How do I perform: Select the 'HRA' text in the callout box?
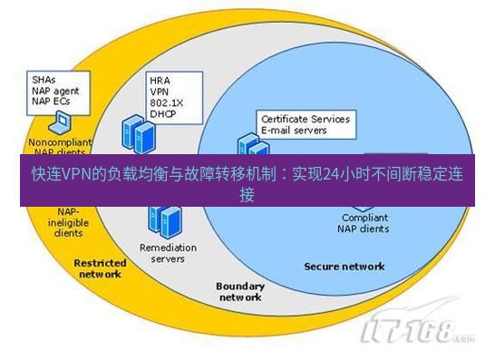pyautogui.click(x=160, y=80)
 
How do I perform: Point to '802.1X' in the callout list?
pyautogui.click(x=166, y=102)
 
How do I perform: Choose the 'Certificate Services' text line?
pyautogui.click(x=305, y=119)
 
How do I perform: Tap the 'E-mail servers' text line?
pyautogui.click(x=295, y=130)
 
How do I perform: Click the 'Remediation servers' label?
pyautogui.click(x=161, y=253)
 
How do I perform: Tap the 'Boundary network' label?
pyautogui.click(x=240, y=291)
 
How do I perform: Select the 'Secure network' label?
pyautogui.click(x=344, y=267)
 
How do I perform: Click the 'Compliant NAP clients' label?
pyautogui.click(x=365, y=223)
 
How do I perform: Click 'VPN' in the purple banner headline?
pyautogui.click(x=74, y=176)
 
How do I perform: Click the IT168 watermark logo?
pyautogui.click(x=416, y=333)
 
